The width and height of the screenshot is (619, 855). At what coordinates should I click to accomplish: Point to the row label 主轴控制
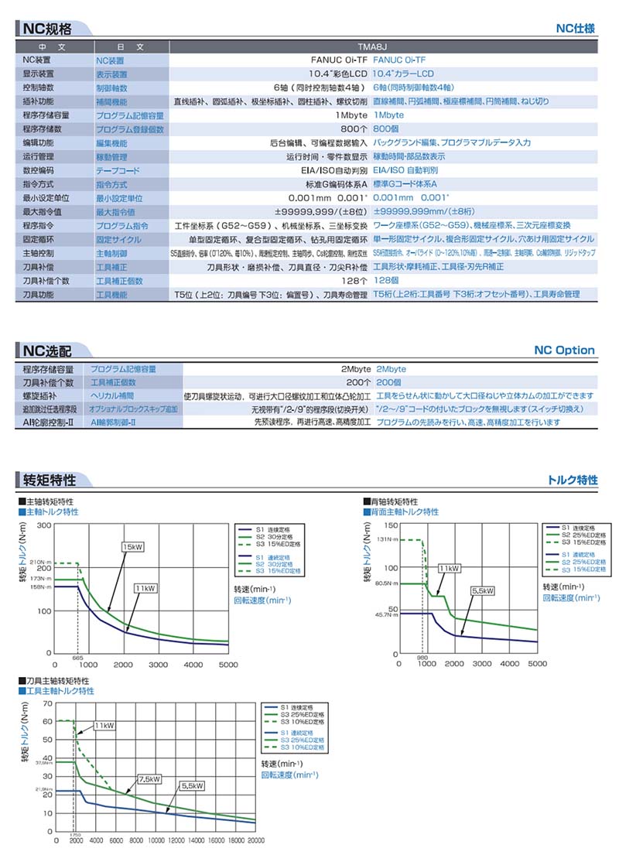coord(37,253)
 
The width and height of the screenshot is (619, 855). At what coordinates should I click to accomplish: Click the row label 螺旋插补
coord(37,395)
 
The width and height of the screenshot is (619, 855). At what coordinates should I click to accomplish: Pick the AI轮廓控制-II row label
coord(47,422)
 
